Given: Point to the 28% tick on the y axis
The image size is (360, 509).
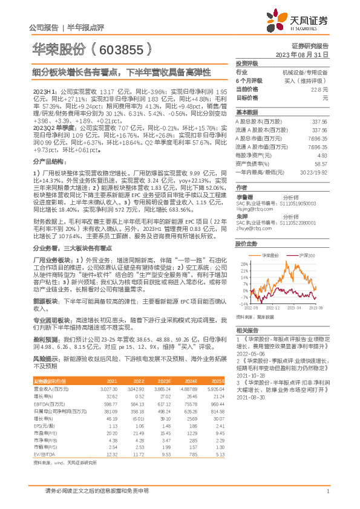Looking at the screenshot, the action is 244,264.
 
